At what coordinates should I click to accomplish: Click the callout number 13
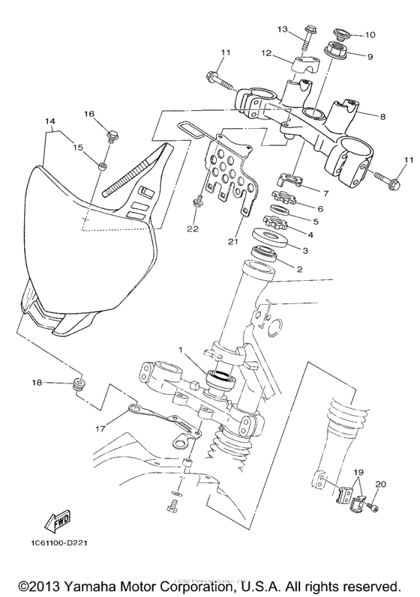point(283,29)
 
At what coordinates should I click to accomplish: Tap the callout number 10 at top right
point(370,35)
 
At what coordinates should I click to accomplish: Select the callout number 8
point(382,117)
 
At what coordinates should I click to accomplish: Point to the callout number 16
point(89,115)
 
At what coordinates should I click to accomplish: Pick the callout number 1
point(180,351)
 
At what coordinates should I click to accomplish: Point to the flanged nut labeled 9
point(334,54)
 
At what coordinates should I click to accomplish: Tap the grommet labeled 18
point(76,386)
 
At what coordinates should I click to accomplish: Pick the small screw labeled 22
point(198,201)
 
